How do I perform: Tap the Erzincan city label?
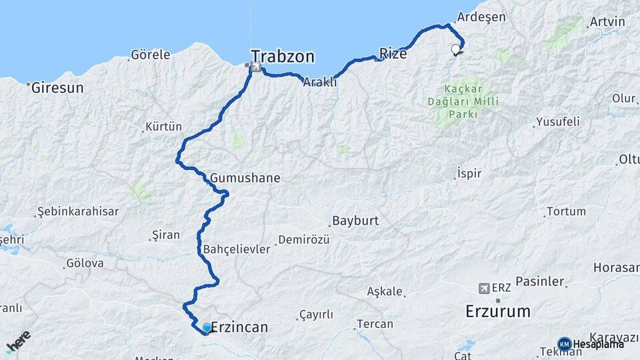(239, 327)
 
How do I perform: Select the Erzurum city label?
(498, 311)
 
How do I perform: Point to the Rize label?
(392, 53)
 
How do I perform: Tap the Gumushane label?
(245, 178)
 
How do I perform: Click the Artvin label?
(607, 22)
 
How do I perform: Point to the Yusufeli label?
(557, 122)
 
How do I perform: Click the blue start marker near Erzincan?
(207, 328)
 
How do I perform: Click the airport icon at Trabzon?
(255, 67)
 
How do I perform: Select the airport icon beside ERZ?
(484, 288)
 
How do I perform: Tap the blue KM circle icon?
(564, 344)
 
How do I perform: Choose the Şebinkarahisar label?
(78, 211)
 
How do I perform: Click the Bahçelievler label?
(236, 249)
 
